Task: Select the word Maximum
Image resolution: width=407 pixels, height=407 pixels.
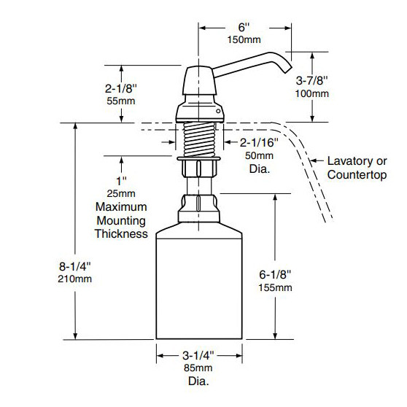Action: [120, 207]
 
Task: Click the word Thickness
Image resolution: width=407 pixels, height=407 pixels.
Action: [122, 233]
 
